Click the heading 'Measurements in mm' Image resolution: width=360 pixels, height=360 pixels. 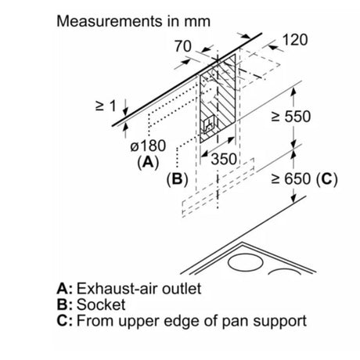133,21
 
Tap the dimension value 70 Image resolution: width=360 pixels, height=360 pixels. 183,46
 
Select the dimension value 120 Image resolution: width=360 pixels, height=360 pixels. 295,40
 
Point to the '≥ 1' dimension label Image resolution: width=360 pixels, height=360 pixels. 106,106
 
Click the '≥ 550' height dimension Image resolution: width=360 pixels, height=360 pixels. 291,117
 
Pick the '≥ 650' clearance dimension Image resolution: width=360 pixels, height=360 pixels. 291,179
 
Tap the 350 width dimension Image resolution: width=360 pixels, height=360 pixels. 224,159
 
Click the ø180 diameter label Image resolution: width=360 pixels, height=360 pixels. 148,146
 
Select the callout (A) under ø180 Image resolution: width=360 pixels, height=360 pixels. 148,162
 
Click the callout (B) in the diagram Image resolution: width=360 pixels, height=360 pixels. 178,179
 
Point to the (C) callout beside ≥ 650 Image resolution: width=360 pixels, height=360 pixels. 326,179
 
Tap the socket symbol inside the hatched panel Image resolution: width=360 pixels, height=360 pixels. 209,125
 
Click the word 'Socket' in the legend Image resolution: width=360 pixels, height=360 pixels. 101,304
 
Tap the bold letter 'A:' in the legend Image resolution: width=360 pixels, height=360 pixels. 65,289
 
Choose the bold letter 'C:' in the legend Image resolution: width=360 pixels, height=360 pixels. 65,321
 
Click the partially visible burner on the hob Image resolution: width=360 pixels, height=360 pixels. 284,272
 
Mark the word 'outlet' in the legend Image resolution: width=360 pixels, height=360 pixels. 182,289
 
